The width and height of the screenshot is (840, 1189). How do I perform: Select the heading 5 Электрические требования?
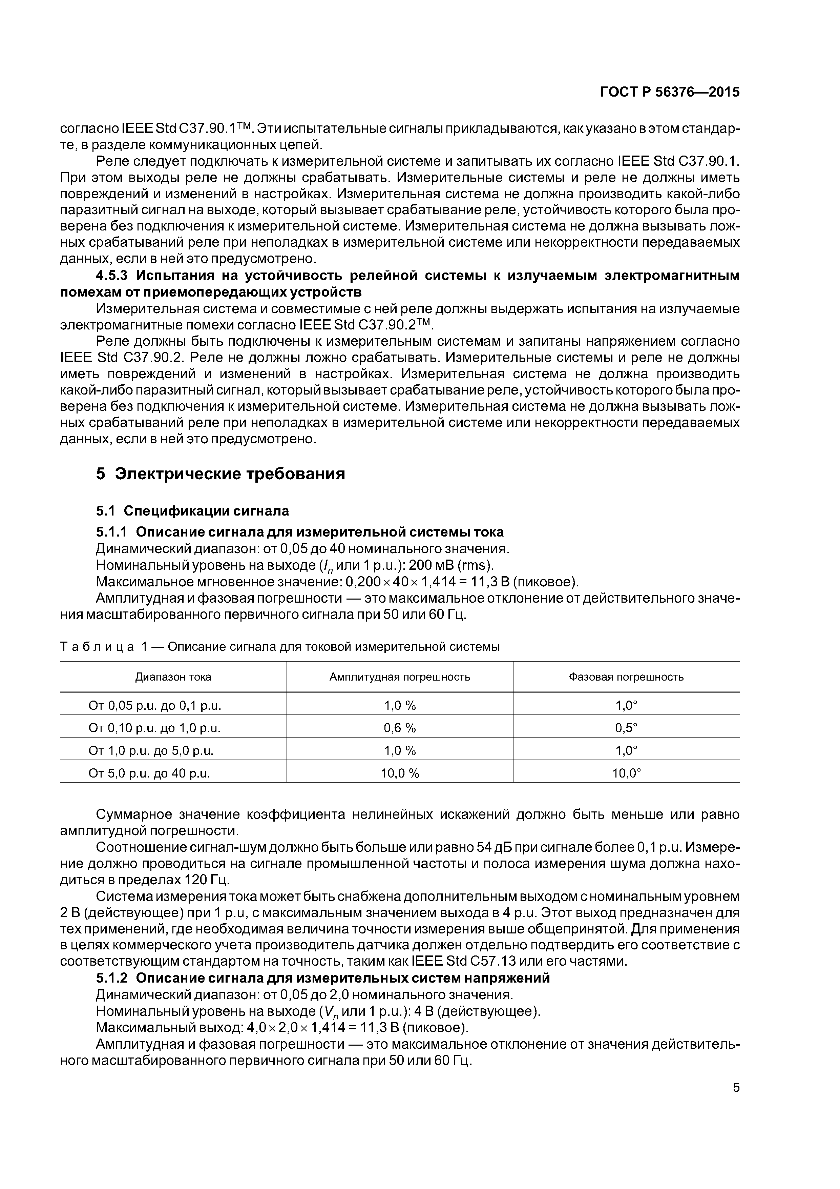coord(220,474)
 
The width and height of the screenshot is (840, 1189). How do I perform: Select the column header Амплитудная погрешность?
coord(400,677)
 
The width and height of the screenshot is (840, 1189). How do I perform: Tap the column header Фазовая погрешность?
coord(626,677)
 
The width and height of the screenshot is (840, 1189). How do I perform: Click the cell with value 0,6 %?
coord(400,728)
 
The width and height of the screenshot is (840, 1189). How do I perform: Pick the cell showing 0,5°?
coord(626,728)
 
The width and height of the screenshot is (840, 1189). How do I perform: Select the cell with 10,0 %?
coord(400,774)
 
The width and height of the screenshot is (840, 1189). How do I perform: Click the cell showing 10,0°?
coord(626,774)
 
